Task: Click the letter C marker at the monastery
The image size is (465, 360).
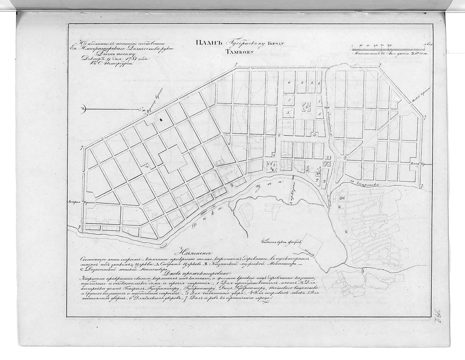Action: coord(343,198)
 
